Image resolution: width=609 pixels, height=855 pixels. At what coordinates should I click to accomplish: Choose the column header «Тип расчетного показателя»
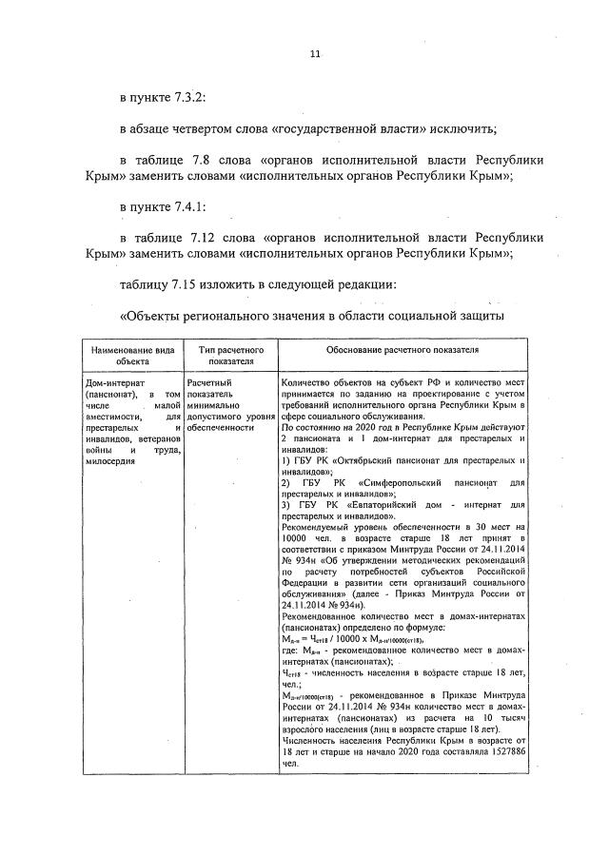coord(230,356)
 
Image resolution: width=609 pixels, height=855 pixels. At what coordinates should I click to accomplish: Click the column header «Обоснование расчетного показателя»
coord(402,350)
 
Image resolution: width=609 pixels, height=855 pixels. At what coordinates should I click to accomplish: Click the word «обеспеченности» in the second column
coord(222,428)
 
